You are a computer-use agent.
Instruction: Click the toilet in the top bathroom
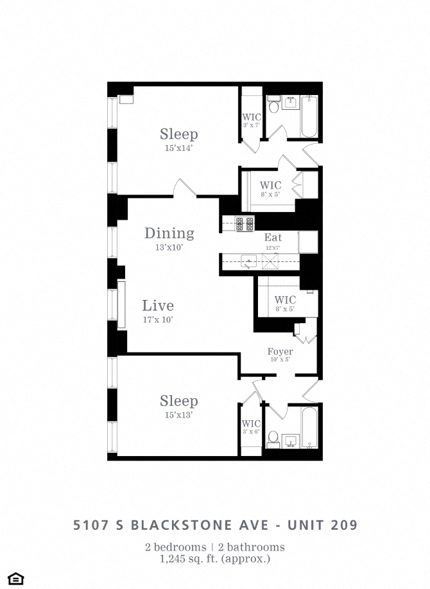273,105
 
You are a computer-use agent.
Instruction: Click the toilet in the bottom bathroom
273,439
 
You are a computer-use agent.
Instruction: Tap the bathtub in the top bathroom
309,116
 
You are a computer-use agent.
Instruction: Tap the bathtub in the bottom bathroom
309,428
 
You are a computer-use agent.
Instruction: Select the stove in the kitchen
245,224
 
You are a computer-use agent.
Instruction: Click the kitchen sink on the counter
248,261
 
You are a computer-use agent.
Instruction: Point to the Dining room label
169,233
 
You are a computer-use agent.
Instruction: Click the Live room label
158,305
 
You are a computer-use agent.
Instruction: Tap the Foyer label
280,351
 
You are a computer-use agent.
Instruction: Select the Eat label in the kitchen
273,238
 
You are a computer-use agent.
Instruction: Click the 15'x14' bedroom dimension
178,148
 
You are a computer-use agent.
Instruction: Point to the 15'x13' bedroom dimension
178,415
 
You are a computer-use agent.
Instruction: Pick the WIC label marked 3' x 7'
252,117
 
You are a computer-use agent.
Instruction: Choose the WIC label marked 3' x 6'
251,424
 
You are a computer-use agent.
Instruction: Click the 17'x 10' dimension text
158,320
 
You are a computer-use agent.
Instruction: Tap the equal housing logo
16,579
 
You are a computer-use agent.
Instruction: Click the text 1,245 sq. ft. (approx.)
215,559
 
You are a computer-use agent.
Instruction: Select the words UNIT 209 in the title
323,525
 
